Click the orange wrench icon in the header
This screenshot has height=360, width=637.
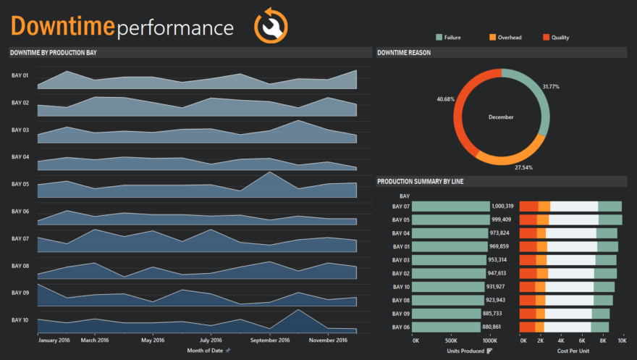[x=271, y=26]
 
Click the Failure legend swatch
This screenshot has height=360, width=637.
[x=439, y=37]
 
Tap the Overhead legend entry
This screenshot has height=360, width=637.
[x=509, y=37]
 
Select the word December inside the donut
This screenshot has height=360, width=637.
[x=501, y=117]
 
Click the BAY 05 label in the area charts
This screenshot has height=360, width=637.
[x=20, y=184]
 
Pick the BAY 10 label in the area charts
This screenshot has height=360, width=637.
[x=20, y=319]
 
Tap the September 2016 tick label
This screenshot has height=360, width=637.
[x=270, y=340]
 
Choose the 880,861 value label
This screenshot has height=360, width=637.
[x=497, y=327]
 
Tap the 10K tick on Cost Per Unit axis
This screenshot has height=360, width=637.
[x=621, y=340]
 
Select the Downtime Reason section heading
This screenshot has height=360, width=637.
[x=403, y=53]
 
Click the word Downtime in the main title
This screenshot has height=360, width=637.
[x=62, y=26]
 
